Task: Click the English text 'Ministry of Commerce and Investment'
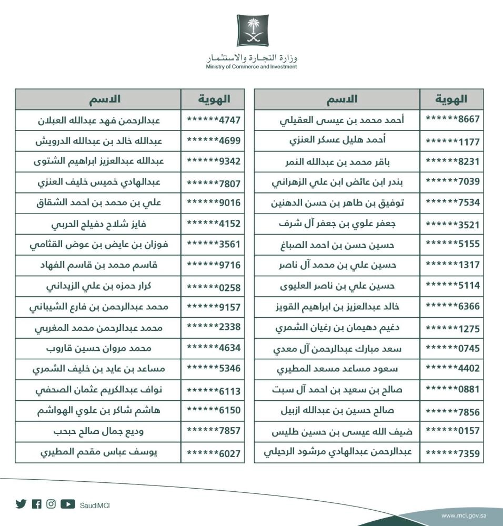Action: point(252,67)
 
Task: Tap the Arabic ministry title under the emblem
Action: point(252,57)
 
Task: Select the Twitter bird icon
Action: point(21,504)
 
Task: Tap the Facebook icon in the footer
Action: point(36,504)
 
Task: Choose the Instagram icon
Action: point(51,504)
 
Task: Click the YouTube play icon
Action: point(68,504)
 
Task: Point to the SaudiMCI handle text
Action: point(95,505)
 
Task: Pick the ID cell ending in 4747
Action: point(213,119)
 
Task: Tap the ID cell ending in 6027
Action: point(213,452)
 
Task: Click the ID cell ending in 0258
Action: point(213,286)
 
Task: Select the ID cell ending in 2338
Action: point(213,327)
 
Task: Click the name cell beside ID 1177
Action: point(337,140)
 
